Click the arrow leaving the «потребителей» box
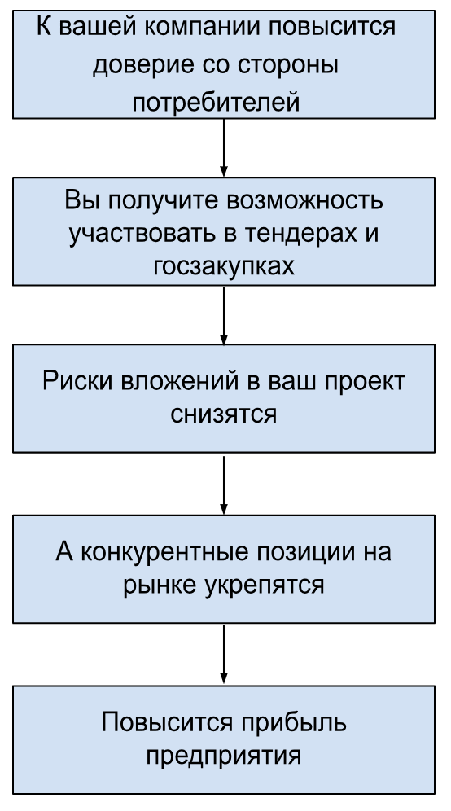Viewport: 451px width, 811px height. [224, 148]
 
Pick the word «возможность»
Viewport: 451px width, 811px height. [304, 200]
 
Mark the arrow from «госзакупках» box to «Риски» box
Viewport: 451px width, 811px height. [224, 315]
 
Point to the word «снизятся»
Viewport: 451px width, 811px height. [223, 414]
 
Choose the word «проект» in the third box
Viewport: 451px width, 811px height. [366, 382]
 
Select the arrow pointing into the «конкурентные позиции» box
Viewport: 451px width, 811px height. [224, 484]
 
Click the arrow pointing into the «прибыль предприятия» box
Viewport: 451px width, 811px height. [224, 655]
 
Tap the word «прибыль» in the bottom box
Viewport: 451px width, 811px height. [293, 722]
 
